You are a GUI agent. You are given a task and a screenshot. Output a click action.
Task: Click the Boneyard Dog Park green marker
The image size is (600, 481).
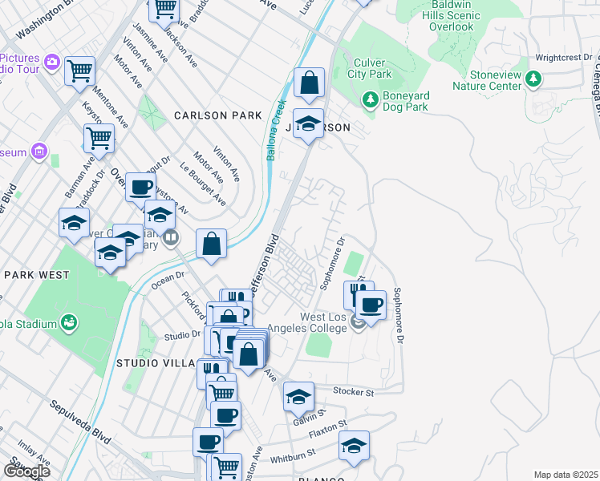(370, 99)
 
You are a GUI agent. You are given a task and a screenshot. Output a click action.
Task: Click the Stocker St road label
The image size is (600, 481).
(354, 393)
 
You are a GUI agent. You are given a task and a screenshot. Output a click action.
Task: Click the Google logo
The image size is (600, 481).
(26, 471)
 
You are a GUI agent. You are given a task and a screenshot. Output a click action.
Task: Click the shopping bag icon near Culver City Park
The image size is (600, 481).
(308, 82)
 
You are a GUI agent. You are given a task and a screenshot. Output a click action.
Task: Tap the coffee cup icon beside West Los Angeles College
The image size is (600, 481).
(371, 305)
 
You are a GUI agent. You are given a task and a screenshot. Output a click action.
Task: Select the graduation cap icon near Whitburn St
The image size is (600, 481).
(354, 446)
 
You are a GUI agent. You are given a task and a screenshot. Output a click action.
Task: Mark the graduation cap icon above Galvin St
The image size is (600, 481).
(298, 397)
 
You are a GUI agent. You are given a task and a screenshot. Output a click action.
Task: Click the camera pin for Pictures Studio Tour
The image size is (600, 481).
(52, 61)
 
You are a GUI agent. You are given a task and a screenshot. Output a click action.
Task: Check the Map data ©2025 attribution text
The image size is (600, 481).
(566, 475)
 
